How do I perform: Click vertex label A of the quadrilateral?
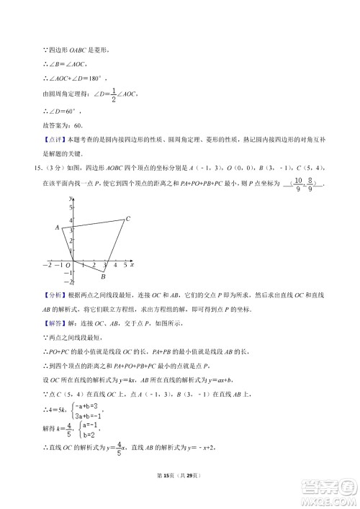(x=56, y=228)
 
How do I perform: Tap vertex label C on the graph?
(x=127, y=219)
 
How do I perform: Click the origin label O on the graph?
(x=67, y=265)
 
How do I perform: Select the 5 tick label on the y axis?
(x=71, y=207)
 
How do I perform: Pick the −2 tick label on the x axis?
(x=47, y=266)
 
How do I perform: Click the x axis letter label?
(x=132, y=265)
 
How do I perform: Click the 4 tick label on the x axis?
(x=116, y=266)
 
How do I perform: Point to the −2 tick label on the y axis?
(x=69, y=282)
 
